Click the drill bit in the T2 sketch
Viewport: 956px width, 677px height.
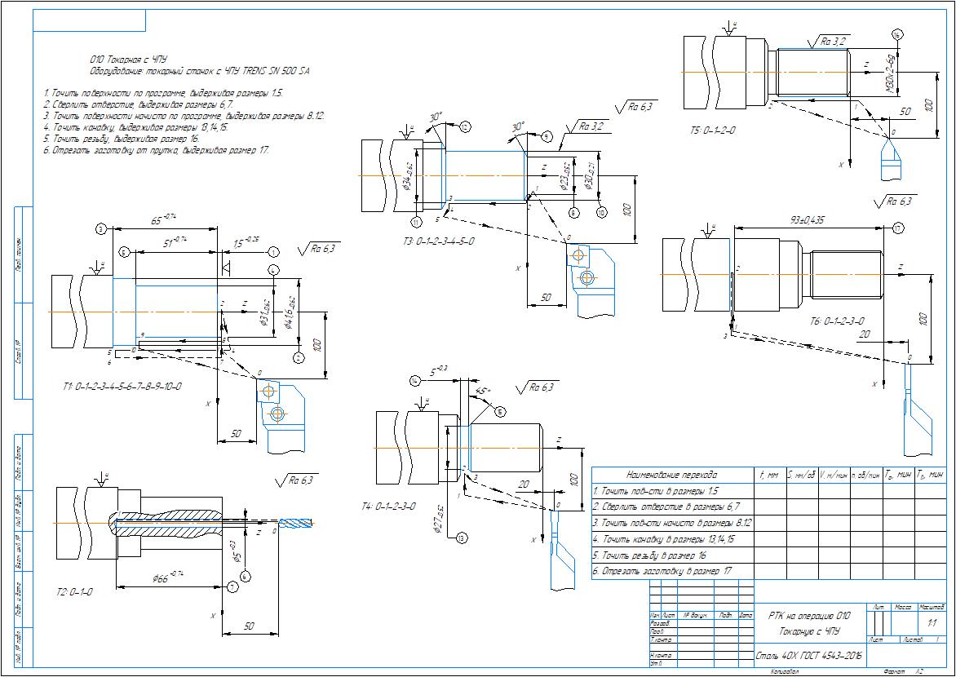(x=294, y=522)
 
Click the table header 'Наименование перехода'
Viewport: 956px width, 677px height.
(x=671, y=474)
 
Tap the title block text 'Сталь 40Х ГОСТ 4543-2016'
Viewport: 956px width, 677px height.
(x=808, y=655)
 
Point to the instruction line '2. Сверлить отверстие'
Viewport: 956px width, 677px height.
(x=139, y=105)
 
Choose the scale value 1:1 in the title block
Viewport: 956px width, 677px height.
(x=932, y=623)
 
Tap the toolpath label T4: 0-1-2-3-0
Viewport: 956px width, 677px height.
(x=388, y=506)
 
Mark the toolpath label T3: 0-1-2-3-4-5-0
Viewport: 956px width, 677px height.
(x=438, y=241)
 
